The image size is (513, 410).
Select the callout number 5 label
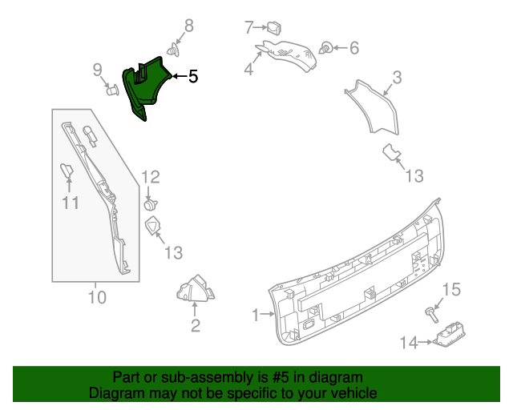point(192,77)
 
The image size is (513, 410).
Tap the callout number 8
point(189,26)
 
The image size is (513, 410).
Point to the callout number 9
point(97,70)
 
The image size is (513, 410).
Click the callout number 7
point(249,27)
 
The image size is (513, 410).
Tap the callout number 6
point(353,48)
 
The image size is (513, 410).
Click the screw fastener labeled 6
point(327,47)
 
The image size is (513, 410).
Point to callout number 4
point(249,70)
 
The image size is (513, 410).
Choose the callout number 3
point(396,78)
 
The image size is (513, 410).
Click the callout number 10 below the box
point(96,298)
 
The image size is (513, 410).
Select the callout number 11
point(71,203)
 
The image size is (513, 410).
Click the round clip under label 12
point(150,204)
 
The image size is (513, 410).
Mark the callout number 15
point(453,289)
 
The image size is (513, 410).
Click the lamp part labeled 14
point(448,336)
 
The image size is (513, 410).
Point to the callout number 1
point(256,316)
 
